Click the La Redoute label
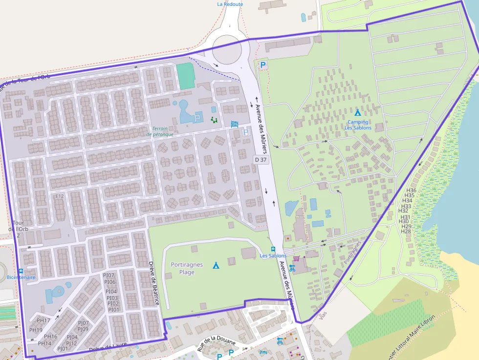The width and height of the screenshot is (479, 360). (230, 4)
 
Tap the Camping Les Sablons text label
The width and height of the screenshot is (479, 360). (358, 125)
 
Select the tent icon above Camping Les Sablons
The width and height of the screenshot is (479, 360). (358, 112)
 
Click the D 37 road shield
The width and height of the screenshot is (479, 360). (261, 160)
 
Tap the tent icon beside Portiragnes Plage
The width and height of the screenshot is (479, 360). (216, 265)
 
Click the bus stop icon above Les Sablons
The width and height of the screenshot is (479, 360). (273, 249)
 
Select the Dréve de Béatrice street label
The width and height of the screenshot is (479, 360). (154, 283)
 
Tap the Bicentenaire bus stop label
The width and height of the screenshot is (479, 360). (21, 277)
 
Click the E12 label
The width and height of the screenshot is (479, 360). (60, 196)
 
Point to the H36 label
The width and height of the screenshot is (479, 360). (411, 190)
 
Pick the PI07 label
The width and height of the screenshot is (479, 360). (109, 275)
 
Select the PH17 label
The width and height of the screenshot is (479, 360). (44, 320)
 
